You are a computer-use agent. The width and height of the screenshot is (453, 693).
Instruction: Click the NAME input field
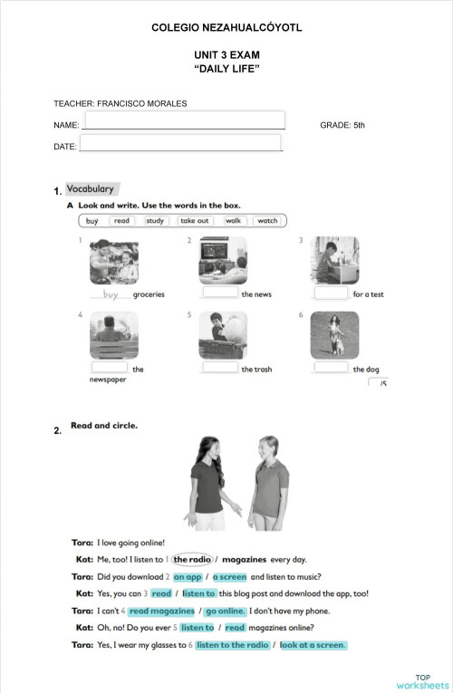[x=183, y=120]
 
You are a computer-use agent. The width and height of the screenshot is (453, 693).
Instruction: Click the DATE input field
[x=180, y=143]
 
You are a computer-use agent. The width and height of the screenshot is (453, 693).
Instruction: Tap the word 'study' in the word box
[x=155, y=220]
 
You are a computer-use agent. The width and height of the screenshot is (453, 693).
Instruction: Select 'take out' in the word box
[x=194, y=220]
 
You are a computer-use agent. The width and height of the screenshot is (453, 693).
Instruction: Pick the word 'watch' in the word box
[x=267, y=220]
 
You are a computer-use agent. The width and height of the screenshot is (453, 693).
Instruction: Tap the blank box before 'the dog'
[x=332, y=368]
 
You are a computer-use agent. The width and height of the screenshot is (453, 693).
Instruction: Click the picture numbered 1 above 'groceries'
[x=114, y=261]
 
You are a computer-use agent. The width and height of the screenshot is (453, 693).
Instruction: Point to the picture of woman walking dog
[x=334, y=335]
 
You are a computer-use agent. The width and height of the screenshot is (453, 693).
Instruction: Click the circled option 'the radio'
[x=192, y=560]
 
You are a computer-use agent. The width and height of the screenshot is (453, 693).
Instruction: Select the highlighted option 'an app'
[x=188, y=577]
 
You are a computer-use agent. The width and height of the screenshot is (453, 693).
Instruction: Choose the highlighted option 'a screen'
[x=229, y=577]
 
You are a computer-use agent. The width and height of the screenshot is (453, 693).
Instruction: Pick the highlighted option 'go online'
[x=226, y=611]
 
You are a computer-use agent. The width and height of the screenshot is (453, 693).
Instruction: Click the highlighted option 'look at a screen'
[x=313, y=645]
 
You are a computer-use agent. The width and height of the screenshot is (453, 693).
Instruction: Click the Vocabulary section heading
[x=91, y=189]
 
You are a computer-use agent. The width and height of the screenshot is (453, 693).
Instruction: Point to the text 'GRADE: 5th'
[x=342, y=125]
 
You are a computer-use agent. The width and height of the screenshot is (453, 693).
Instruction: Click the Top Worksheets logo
[x=422, y=680]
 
